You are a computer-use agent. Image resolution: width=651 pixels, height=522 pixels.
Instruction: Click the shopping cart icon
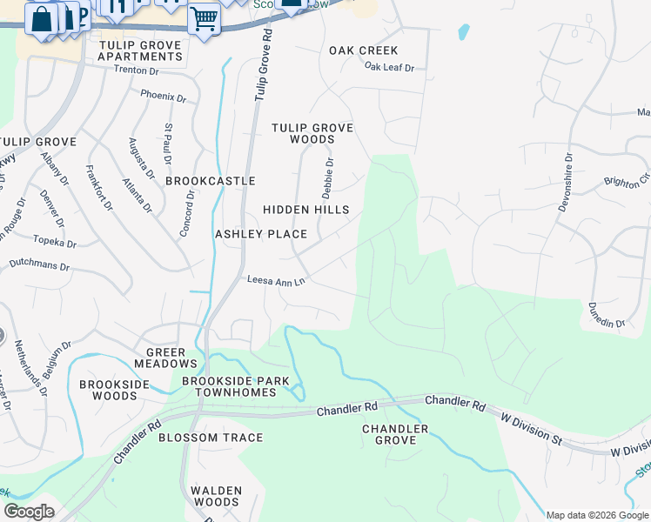click(204, 17)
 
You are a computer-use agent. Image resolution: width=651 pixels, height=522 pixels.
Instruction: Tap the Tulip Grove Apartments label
click(140, 50)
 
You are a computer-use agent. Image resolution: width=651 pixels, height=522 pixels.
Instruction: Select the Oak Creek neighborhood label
click(364, 50)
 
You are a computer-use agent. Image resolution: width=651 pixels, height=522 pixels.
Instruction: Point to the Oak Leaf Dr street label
click(389, 67)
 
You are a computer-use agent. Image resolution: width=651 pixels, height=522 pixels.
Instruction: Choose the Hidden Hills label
click(306, 210)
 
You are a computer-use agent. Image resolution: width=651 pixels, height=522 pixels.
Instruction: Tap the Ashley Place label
click(261, 234)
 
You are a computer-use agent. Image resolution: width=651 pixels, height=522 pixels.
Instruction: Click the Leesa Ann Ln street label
click(276, 281)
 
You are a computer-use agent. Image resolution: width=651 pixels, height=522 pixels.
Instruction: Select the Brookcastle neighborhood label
click(211, 181)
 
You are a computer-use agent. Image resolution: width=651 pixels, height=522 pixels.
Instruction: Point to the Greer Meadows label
click(165, 358)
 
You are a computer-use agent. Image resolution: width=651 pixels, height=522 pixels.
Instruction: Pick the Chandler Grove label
click(395, 434)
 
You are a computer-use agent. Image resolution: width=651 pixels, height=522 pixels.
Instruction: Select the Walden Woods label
click(215, 496)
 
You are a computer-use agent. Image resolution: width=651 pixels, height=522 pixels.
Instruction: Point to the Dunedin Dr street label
click(607, 315)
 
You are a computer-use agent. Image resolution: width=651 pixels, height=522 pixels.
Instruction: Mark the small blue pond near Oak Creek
click(463, 33)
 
